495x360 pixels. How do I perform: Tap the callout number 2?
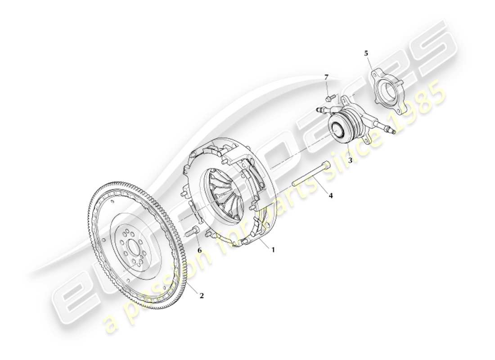tap(202, 296)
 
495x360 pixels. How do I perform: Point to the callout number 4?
tap(331, 196)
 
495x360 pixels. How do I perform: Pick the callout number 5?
tap(366, 54)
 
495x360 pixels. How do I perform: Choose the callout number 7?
tap(327, 78)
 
